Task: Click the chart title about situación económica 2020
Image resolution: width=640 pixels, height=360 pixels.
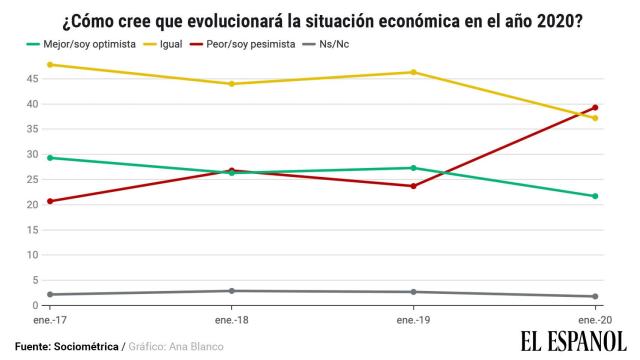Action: (x=319, y=19)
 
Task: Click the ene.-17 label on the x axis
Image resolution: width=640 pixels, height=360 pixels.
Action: (x=48, y=320)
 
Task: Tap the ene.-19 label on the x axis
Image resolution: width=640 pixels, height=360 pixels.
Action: (x=412, y=320)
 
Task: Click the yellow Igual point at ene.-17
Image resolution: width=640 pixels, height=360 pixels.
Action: (x=50, y=65)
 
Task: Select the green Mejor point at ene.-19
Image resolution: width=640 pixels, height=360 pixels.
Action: (x=412, y=168)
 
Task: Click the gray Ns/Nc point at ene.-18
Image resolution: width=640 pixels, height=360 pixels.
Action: (x=231, y=291)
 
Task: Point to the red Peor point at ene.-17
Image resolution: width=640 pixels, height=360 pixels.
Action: (x=50, y=201)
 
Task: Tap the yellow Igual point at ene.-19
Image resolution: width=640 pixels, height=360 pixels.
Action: (x=412, y=72)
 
